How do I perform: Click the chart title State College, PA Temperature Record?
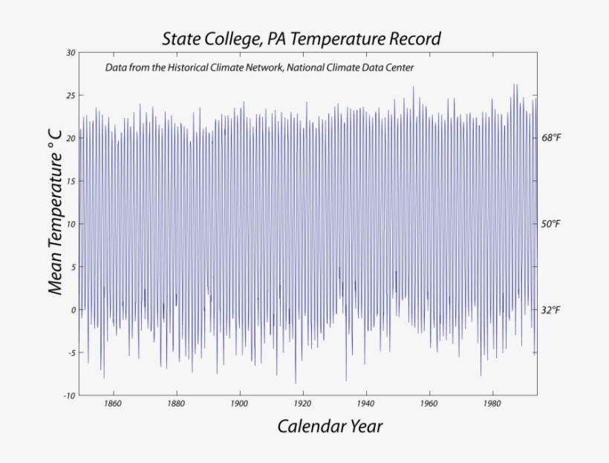click(302, 38)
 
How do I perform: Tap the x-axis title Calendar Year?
click(330, 426)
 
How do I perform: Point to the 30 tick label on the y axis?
click(71, 53)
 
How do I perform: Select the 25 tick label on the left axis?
click(71, 96)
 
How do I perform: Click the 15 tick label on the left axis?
click(71, 181)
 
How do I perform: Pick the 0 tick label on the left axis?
click(73, 310)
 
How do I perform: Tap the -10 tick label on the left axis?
click(70, 395)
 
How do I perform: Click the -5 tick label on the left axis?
click(71, 353)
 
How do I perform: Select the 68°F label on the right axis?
click(550, 138)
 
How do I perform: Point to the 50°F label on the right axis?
click(550, 224)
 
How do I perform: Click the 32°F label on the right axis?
click(550, 310)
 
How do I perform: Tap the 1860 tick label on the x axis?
click(113, 404)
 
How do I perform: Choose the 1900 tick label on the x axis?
click(239, 404)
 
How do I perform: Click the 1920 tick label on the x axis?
click(302, 404)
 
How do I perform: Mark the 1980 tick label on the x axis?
click(491, 404)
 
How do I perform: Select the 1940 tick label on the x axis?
click(365, 404)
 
